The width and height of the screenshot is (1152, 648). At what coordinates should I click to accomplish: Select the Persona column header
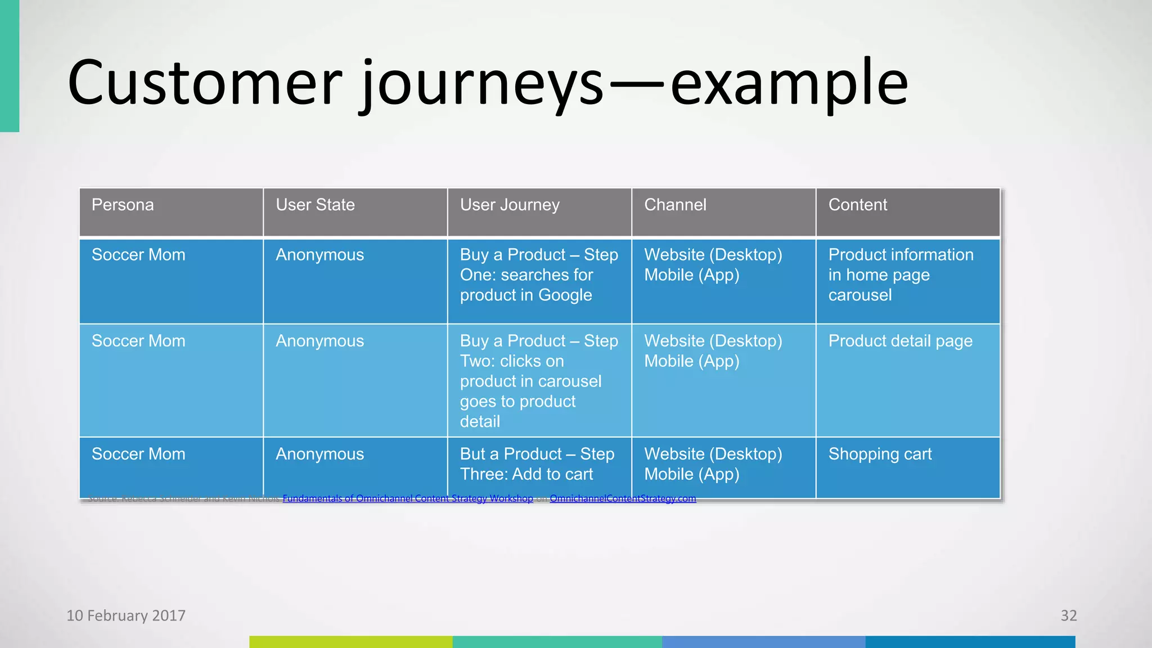click(x=123, y=205)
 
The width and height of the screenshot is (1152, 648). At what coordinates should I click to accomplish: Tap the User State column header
click(x=315, y=205)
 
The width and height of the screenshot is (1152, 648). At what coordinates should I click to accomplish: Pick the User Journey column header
click(x=510, y=205)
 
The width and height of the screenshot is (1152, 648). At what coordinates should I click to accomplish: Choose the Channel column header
click(x=675, y=205)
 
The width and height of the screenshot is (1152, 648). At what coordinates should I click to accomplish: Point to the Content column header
click(x=858, y=205)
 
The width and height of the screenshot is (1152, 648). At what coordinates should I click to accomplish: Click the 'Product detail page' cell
click(x=900, y=341)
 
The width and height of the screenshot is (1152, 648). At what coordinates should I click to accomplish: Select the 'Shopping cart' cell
click(x=880, y=454)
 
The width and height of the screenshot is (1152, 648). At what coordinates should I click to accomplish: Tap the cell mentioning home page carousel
click(x=900, y=275)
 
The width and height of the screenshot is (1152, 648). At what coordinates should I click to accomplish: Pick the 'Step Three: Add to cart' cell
click(x=537, y=464)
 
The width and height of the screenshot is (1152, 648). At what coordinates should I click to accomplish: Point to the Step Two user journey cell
click(x=538, y=381)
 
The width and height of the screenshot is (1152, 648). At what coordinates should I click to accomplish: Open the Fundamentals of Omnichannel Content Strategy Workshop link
click(x=408, y=498)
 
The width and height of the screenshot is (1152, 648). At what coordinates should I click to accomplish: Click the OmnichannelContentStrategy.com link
click(x=623, y=498)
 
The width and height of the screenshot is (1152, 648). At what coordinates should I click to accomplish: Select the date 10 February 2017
click(x=126, y=615)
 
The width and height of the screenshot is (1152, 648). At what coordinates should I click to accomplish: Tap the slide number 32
click(x=1068, y=615)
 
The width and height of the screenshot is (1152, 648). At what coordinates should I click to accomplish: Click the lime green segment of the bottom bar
click(x=350, y=642)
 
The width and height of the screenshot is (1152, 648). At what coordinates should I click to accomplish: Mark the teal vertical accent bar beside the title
click(x=10, y=66)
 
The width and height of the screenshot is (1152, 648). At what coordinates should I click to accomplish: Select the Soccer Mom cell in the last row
click(x=138, y=454)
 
